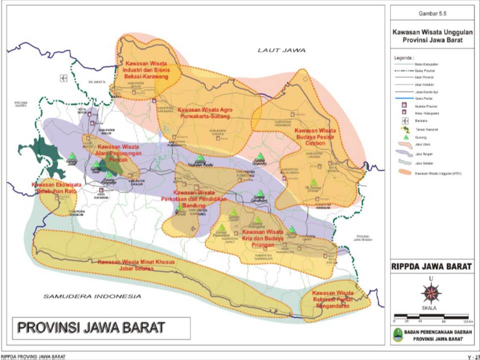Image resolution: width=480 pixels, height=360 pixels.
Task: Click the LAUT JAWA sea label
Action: pos(281,50)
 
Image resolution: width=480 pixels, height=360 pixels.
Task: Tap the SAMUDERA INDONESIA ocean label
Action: pos(92,296)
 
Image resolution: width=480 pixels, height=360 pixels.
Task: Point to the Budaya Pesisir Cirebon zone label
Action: pos(315,136)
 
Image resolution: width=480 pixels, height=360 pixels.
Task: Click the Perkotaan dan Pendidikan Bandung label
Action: pos(200,199)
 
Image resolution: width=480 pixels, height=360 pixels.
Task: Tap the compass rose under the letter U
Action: pos(431,293)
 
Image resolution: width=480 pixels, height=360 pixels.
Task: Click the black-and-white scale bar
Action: pos(431,315)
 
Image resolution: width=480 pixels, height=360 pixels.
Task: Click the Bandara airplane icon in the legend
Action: pos(405,121)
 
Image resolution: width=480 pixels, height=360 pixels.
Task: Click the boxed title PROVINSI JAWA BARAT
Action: pos(91,327)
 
